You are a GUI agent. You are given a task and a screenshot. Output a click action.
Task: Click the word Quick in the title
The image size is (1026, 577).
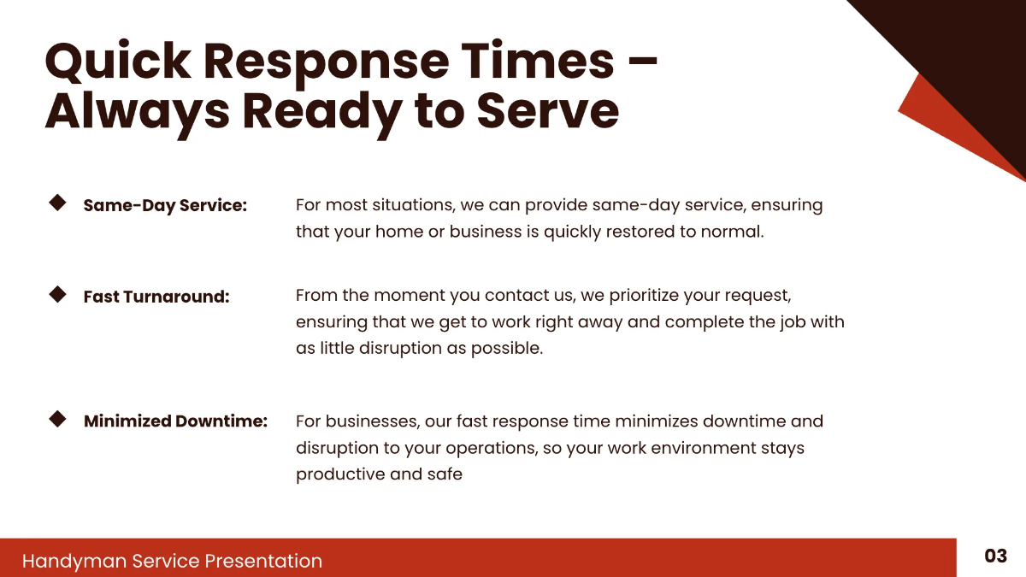(117, 62)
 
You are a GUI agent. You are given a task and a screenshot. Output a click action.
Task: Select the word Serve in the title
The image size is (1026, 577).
(547, 111)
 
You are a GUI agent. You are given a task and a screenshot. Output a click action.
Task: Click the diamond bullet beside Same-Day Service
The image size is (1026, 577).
(58, 203)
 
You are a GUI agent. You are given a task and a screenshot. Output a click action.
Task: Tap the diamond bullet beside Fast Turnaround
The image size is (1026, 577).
(58, 294)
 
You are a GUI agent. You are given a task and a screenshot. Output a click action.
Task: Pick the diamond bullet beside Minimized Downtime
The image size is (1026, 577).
(58, 419)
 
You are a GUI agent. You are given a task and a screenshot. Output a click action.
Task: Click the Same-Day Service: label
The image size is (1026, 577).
(165, 206)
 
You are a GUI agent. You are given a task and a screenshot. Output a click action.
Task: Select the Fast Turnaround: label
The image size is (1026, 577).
(156, 297)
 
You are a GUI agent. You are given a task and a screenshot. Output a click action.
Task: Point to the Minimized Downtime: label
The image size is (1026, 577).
(175, 421)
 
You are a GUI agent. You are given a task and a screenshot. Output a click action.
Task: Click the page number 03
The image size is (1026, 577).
(995, 556)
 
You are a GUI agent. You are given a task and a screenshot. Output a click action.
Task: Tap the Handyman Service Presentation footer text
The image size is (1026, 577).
(172, 561)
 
